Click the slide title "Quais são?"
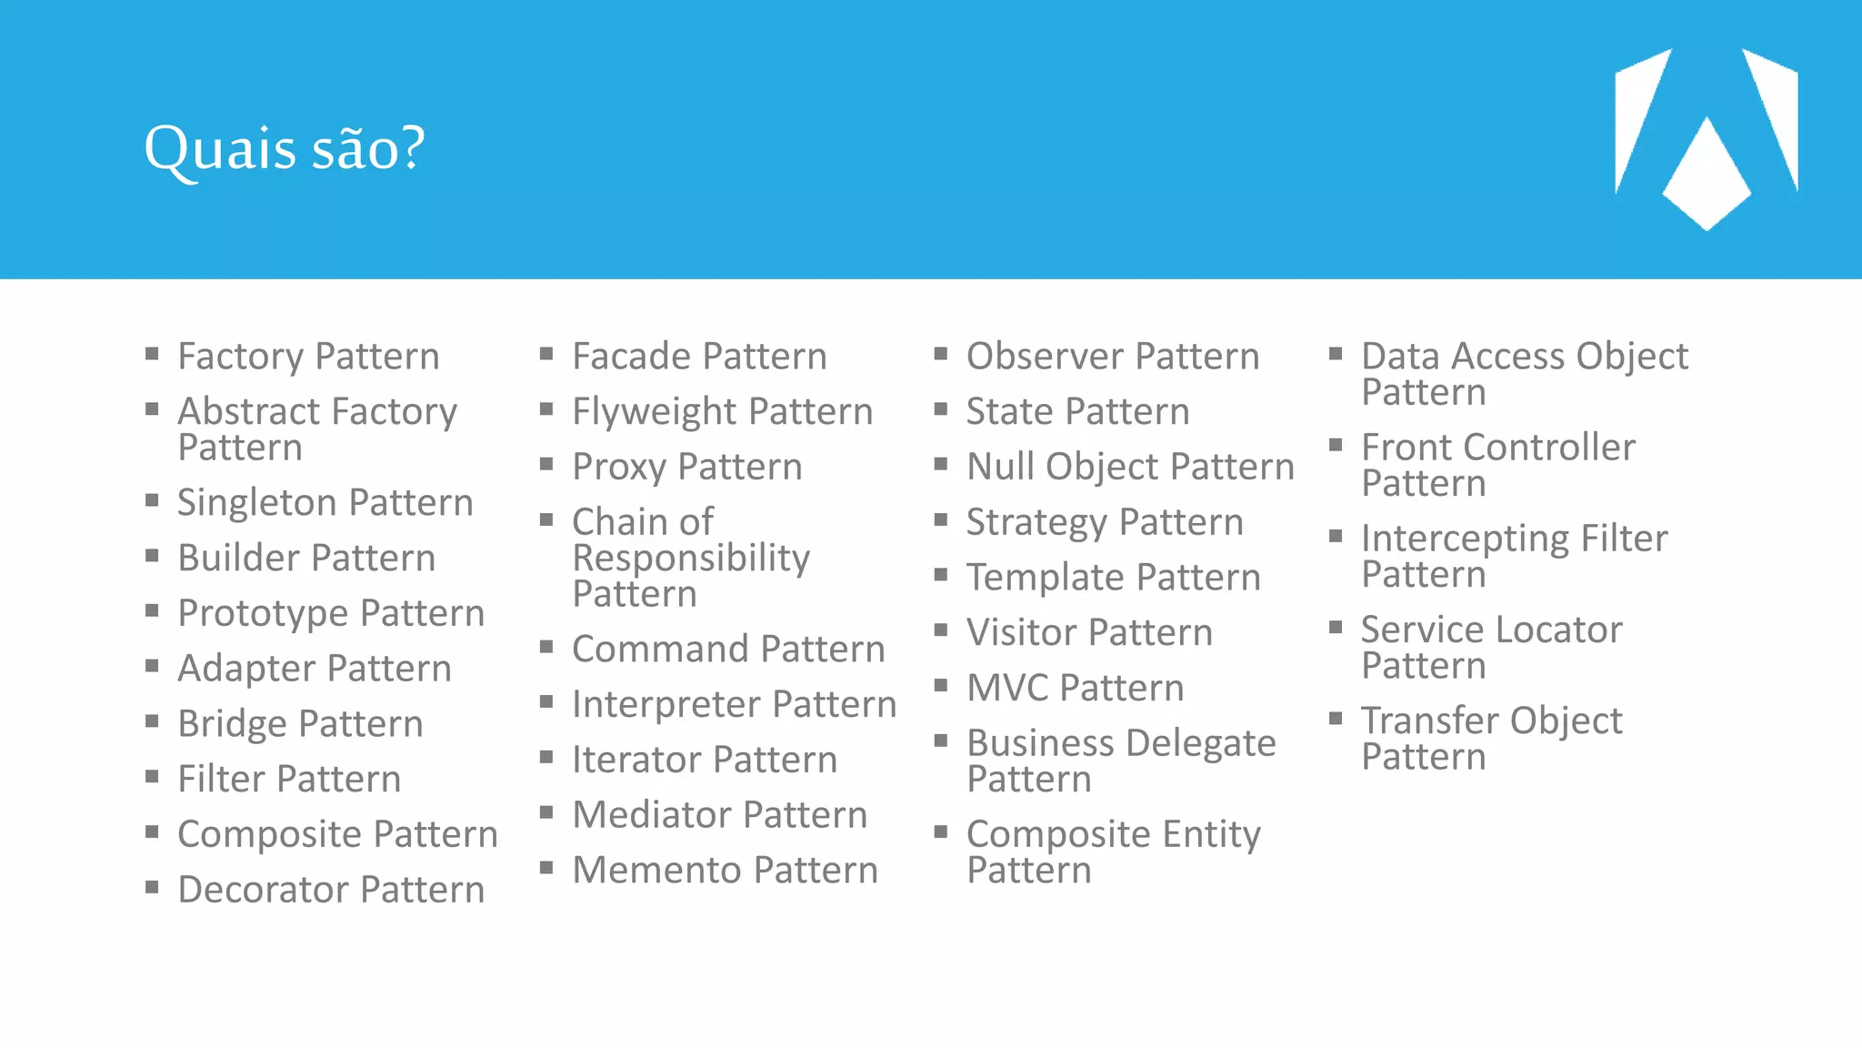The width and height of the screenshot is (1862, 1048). (285, 148)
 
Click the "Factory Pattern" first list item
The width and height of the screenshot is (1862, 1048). (308, 357)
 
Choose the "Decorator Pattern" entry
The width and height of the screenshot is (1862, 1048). (331, 890)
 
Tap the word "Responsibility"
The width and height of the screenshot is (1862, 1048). (691, 558)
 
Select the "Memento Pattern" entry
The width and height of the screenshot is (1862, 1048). (725, 871)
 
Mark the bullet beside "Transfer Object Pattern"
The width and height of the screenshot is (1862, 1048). (1336, 719)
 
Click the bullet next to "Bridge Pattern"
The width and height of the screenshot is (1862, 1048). (152, 722)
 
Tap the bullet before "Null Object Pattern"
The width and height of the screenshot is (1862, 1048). (941, 465)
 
